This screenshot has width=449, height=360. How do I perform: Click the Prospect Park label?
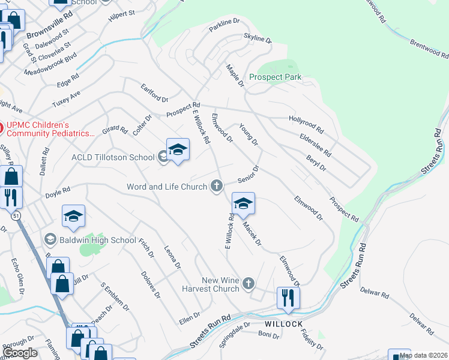(275, 77)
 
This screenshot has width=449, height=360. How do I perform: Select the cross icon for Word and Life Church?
(217, 187)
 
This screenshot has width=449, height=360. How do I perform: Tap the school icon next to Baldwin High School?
(50, 240)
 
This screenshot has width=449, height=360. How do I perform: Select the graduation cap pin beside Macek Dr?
(243, 204)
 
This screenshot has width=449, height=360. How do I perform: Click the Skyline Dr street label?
(258, 38)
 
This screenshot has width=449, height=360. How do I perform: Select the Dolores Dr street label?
(151, 284)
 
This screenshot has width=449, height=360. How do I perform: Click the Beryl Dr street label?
(316, 161)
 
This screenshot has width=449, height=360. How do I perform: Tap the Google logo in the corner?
(20, 352)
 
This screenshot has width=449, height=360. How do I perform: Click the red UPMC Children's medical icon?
(2, 127)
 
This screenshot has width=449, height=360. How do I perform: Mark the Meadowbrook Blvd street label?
(50, 63)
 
